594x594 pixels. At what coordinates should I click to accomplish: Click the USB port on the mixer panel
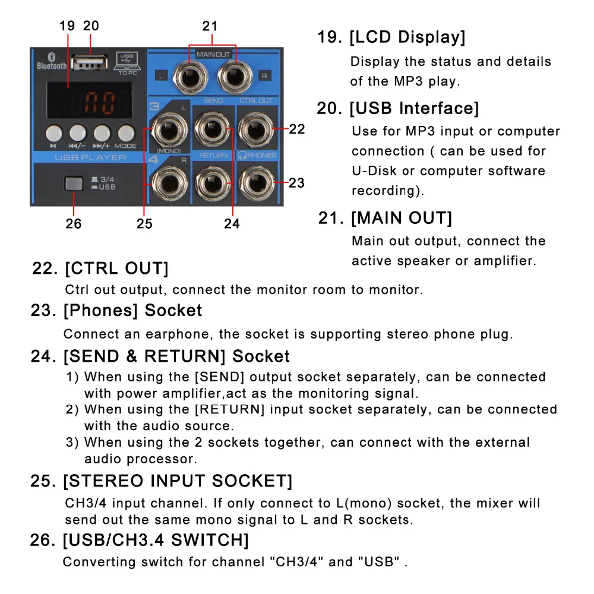coord(90,63)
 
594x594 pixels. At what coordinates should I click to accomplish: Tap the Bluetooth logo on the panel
coord(52,57)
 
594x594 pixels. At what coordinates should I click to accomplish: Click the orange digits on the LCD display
coord(100,103)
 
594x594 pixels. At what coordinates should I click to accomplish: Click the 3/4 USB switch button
coord(74,184)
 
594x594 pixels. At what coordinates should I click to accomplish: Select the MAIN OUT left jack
coord(190,77)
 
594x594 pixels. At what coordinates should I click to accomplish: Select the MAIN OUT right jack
coord(235,77)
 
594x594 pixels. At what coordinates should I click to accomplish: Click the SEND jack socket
coord(213,129)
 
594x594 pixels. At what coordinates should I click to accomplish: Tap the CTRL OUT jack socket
coord(257,129)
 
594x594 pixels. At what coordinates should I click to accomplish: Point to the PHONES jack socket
coord(257,184)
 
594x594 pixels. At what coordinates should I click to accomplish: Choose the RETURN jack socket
coord(213,184)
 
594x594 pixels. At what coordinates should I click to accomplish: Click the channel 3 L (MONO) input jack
coord(169,130)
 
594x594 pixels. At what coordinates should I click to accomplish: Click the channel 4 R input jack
coord(169,184)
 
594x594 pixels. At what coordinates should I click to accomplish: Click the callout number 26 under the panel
coord(73,223)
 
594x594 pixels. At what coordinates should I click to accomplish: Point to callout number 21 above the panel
coord(210,26)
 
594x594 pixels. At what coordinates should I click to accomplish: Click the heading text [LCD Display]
coord(407,37)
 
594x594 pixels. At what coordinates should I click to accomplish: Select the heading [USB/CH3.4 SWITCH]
coord(156,540)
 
